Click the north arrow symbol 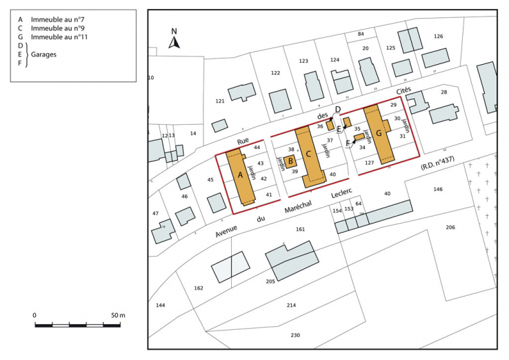[174, 40]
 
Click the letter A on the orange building [241, 176]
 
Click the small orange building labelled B [290, 161]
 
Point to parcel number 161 [300, 229]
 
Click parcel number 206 [450, 228]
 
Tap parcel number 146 [438, 189]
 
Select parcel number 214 [291, 305]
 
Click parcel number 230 [295, 335]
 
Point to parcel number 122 [276, 73]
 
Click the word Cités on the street [403, 91]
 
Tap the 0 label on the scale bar [35, 315]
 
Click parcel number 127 [369, 163]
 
